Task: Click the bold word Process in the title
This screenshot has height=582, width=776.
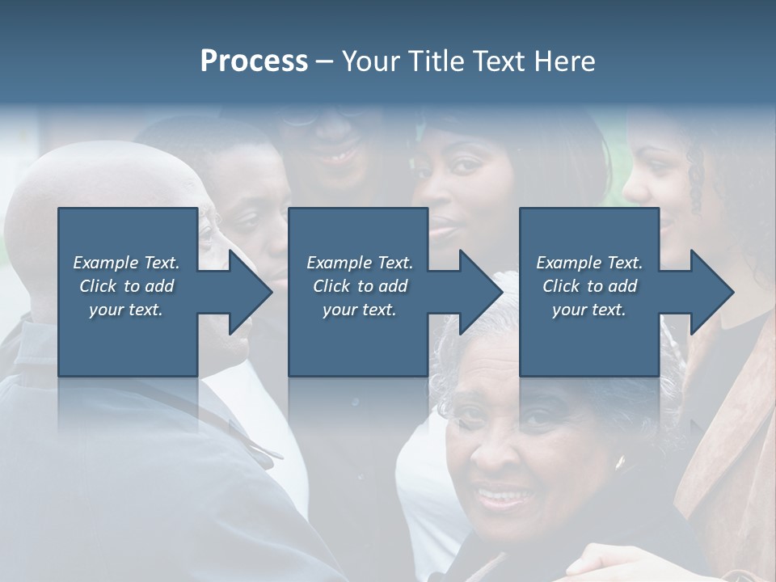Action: coord(254,61)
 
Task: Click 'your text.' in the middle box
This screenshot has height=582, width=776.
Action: coord(359,310)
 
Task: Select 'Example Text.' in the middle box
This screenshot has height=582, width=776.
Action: coord(359,263)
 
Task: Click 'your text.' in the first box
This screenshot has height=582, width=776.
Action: coord(126,310)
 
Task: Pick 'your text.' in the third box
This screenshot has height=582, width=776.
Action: coord(588,310)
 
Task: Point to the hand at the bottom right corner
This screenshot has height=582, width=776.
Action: coord(614,562)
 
